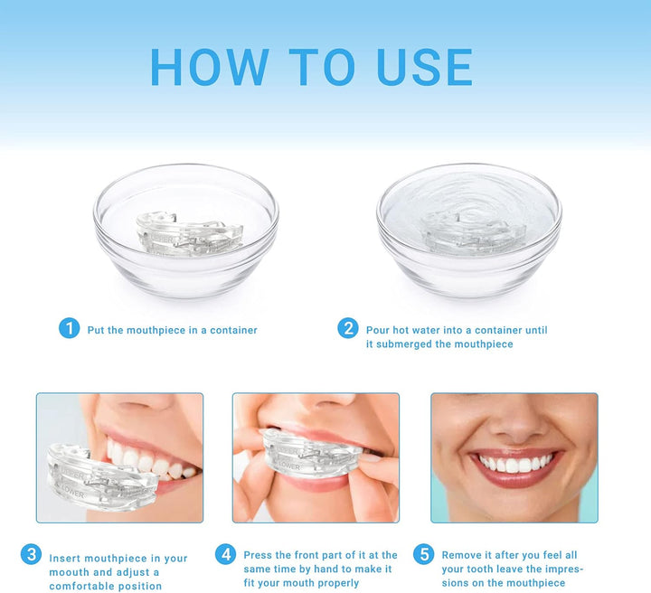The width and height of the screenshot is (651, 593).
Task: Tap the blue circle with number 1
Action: point(70,328)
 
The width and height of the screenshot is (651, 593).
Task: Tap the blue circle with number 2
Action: point(348,328)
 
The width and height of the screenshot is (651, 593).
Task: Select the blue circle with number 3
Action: point(32,554)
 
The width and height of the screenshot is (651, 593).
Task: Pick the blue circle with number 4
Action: point(225,554)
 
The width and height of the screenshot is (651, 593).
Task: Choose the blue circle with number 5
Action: point(423,554)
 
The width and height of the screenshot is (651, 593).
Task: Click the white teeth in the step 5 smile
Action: point(514,464)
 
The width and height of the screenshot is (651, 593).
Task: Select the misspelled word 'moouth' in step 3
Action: point(70,572)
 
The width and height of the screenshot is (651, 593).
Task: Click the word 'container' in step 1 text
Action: point(229,331)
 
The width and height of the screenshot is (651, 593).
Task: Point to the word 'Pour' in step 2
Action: point(378,331)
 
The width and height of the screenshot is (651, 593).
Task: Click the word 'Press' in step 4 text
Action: point(259,555)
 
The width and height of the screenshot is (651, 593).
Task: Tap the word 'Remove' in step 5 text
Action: point(460,555)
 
